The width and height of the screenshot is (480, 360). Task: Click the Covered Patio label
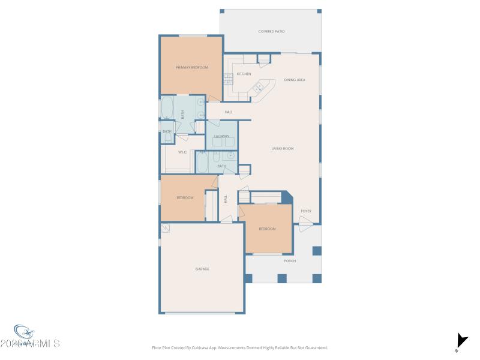(x=271, y=31)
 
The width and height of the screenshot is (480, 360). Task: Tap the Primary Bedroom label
(x=191, y=68)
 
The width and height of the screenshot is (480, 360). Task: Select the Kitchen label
(x=244, y=74)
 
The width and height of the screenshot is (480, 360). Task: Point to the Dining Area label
(x=295, y=80)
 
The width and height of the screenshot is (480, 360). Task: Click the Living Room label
(x=282, y=148)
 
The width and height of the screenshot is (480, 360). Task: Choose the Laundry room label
(x=221, y=137)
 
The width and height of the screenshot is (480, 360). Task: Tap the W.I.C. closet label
(x=183, y=152)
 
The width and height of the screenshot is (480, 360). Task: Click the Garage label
(x=202, y=269)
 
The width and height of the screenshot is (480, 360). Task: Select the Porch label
(x=289, y=261)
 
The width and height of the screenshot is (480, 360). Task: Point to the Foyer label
(x=306, y=211)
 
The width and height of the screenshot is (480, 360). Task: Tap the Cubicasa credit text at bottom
(x=240, y=347)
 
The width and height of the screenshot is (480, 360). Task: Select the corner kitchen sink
(x=259, y=88)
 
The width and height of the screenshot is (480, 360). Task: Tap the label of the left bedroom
(x=185, y=198)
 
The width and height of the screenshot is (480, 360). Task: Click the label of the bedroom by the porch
(x=267, y=229)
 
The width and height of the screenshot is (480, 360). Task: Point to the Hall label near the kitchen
(x=229, y=112)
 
